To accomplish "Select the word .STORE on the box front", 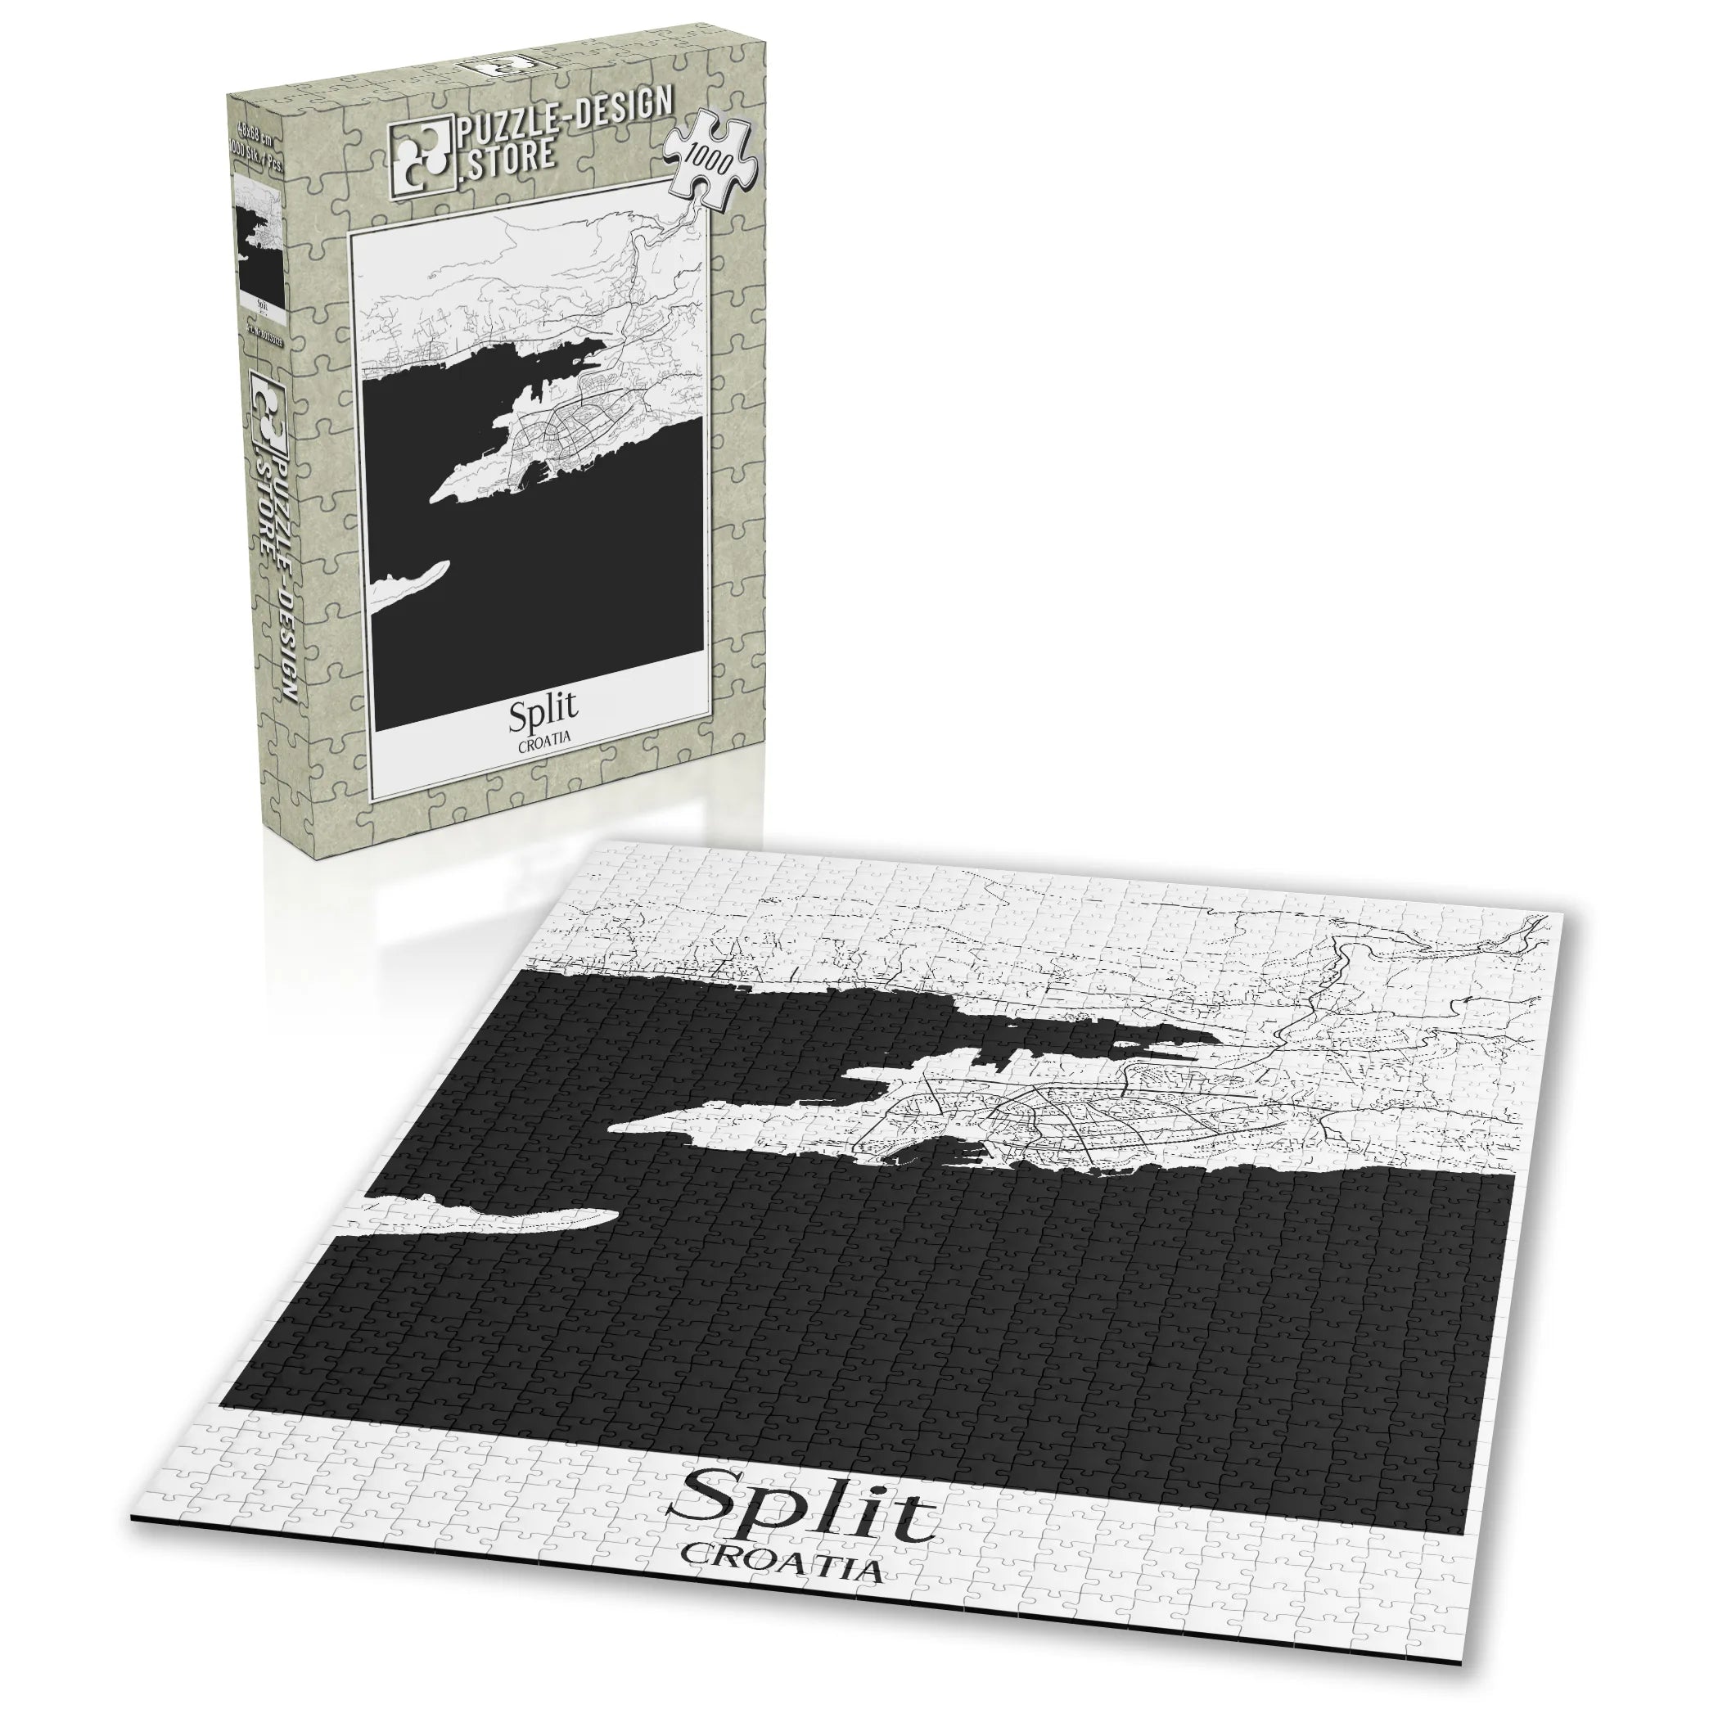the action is [507, 160].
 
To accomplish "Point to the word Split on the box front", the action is [542, 711].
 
